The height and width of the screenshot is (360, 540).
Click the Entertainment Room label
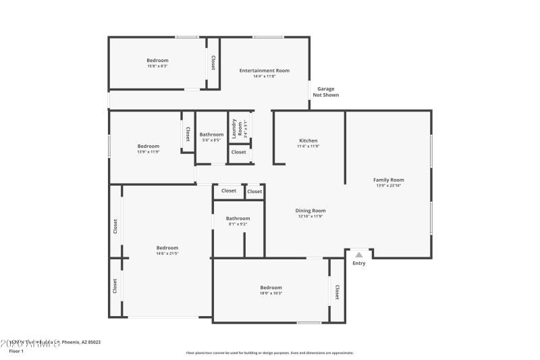point(265,70)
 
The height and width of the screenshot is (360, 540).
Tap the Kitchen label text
point(308,140)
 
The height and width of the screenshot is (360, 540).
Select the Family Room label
point(389,180)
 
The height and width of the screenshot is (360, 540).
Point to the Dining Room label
point(310,211)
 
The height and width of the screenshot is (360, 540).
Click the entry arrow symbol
point(359,255)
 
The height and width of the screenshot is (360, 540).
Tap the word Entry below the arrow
point(359,263)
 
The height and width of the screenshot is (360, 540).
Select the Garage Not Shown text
point(325,92)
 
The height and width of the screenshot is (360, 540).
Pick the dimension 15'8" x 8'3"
point(157,66)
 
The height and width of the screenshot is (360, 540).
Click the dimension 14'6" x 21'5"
point(167,253)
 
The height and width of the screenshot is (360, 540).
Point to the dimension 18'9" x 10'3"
point(271,293)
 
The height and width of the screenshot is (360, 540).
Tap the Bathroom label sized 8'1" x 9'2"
point(238,218)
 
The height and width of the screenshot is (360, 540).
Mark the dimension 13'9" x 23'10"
point(389,185)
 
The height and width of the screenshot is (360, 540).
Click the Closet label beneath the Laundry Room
point(238,153)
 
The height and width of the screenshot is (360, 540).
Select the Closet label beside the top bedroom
point(213,63)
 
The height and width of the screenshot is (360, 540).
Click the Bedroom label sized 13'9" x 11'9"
point(148,146)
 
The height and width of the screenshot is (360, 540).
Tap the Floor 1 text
point(16,351)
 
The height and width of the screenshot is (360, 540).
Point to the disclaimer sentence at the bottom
point(269,353)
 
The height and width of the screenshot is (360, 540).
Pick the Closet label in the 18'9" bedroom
point(337,292)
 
